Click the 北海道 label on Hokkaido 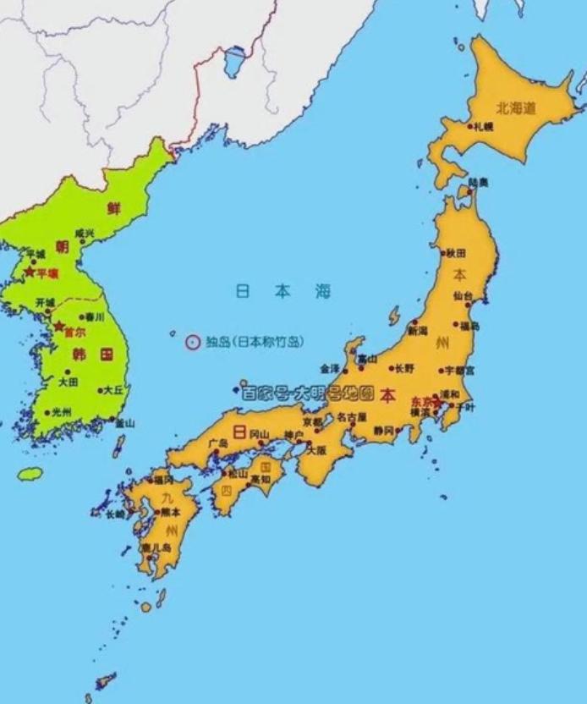click(x=516, y=107)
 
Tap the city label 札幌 click(x=483, y=127)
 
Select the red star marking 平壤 click(x=30, y=272)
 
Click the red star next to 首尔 click(x=58, y=326)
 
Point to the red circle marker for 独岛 click(x=193, y=343)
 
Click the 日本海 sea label click(x=283, y=292)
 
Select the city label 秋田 click(x=457, y=253)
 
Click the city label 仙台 click(x=463, y=296)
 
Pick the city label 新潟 click(x=418, y=332)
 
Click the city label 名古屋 click(x=351, y=417)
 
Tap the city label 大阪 click(x=316, y=450)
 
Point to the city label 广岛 click(x=217, y=443)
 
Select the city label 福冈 click(x=163, y=481)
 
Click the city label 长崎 click(x=114, y=514)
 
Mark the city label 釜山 click(x=124, y=422)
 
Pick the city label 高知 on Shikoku click(x=261, y=479)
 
